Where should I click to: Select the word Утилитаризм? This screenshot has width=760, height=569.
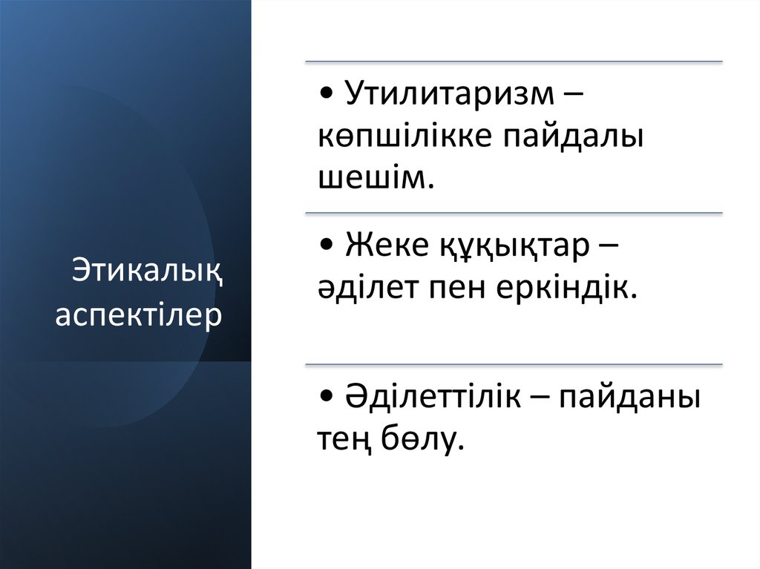click(450, 95)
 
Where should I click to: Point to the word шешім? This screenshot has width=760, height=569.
click(375, 179)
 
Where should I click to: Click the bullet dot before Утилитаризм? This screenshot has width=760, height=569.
click(329, 96)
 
